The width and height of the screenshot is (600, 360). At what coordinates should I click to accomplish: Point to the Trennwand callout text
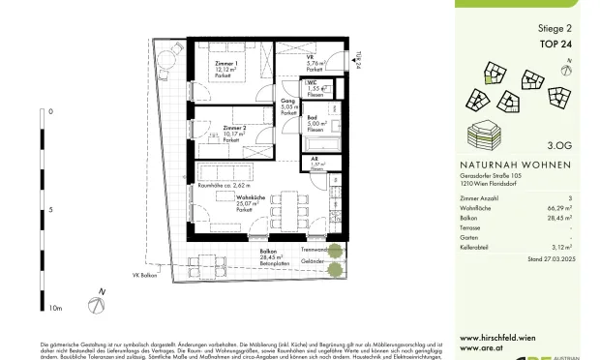pyautogui.click(x=315, y=248)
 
